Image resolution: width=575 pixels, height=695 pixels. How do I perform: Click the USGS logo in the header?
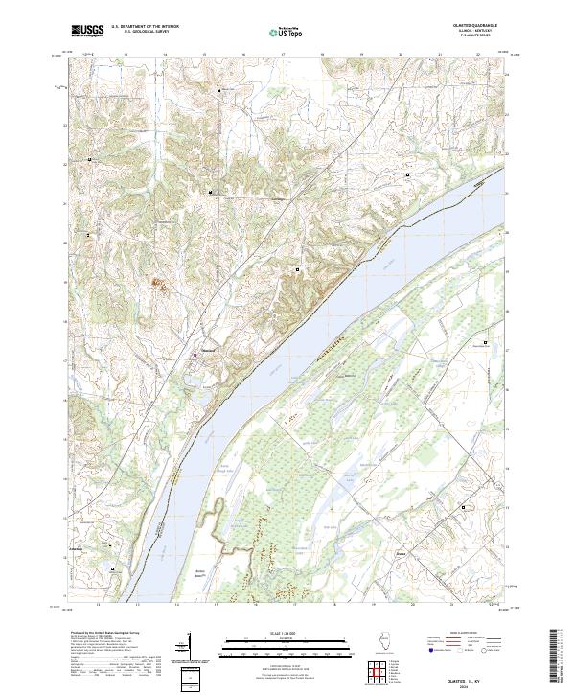[x=87, y=31]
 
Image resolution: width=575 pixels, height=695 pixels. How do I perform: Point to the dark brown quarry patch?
[x=158, y=282]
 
